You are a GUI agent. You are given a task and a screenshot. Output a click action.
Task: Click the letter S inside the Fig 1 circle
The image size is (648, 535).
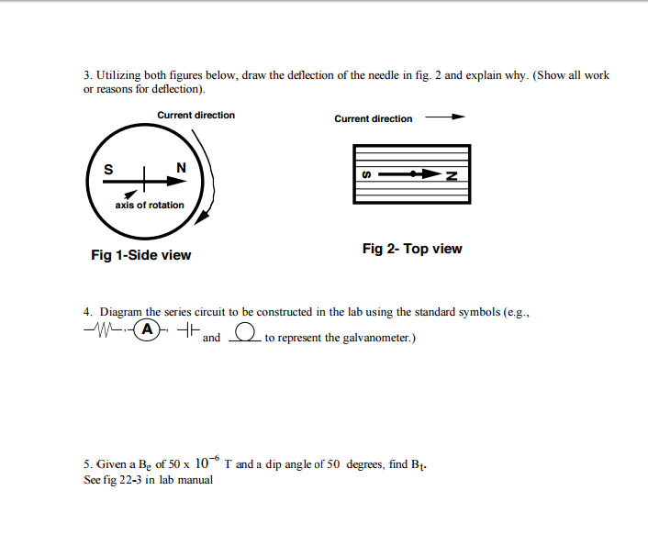pos(109,169)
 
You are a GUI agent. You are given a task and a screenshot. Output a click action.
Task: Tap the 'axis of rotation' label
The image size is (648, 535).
pos(149,205)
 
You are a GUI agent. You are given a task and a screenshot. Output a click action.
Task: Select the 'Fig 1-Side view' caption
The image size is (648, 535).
pos(140,254)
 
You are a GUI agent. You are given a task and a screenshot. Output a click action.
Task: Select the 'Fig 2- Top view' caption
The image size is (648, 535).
pos(412,249)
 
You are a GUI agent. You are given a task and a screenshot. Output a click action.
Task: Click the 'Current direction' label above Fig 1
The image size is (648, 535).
pos(196,115)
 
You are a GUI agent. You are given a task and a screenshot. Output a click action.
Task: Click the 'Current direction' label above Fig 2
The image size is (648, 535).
pos(373,118)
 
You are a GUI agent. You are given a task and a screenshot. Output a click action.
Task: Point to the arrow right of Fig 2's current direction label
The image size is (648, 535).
pos(445,117)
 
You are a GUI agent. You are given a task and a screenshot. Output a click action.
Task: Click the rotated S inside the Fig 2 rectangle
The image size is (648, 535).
pos(367,175)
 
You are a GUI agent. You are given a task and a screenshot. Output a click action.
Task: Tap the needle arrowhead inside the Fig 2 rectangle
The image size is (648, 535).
pos(427,173)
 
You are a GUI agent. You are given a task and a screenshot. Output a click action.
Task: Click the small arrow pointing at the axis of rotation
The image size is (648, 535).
pos(131,195)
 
